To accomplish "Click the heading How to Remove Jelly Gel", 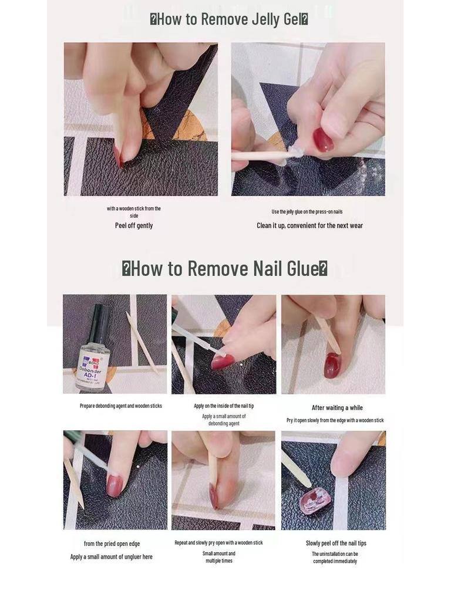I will click(x=229, y=19).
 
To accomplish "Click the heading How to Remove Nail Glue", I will click(x=224, y=269).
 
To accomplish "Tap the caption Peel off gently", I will click(x=134, y=225).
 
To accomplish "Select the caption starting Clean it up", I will click(x=309, y=225).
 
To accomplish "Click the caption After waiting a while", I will click(x=337, y=408).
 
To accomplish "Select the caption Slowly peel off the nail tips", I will click(x=336, y=543).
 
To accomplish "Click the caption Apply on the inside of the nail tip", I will click(x=224, y=406).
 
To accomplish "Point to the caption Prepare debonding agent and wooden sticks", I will click(x=121, y=406).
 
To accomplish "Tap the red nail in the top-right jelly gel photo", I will click(x=322, y=140).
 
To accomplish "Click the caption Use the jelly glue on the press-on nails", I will click(x=307, y=212).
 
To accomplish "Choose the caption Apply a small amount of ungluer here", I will click(x=112, y=557).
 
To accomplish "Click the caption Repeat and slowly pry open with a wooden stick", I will click(x=218, y=543).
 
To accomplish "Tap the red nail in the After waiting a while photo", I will click(x=332, y=365).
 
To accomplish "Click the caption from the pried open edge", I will click(x=112, y=543).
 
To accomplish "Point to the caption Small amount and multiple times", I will click(x=219, y=557).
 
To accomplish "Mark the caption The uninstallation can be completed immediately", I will click(x=335, y=558).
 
